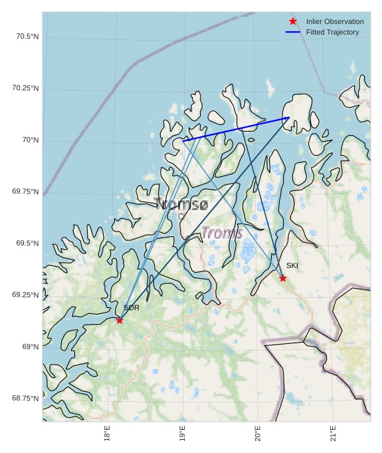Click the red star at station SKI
[283, 278]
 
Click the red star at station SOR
[120, 321]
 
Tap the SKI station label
[292, 265]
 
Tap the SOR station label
[132, 308]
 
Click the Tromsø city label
[181, 204]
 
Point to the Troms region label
[222, 233]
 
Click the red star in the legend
[293, 21]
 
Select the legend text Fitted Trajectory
[332, 32]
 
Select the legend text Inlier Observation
[335, 21]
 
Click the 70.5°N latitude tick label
[27, 36]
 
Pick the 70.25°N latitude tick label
[25, 88]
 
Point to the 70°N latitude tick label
[31, 140]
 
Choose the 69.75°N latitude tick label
[25, 191]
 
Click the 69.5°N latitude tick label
[27, 243]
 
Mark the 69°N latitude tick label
[31, 346]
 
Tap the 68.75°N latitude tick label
[25, 398]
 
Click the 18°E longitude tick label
[107, 436]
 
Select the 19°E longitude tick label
[182, 436]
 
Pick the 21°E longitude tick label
[333, 436]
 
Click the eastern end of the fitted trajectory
[289, 118]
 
